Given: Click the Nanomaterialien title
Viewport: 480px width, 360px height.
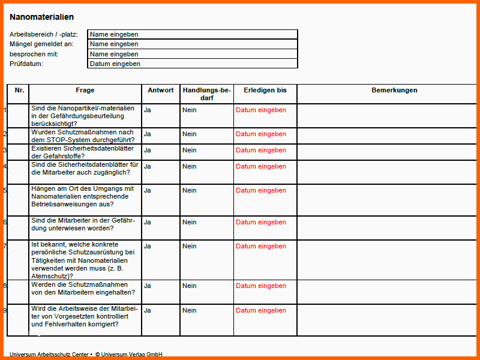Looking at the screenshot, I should point(42,17).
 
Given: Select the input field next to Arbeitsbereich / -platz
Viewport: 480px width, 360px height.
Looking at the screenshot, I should point(192,34).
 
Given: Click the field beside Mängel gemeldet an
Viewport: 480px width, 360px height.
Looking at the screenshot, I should point(192,44).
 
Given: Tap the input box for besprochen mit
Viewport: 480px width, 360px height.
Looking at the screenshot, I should point(192,54).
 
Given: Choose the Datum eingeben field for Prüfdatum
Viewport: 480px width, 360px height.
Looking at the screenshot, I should point(192,64).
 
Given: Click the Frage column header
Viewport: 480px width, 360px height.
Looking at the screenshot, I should point(85,91).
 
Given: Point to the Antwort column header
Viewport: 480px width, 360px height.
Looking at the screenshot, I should point(161,91).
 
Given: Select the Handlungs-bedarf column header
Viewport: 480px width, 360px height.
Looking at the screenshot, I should point(206,94).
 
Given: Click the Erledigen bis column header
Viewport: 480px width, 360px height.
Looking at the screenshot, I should point(265,91).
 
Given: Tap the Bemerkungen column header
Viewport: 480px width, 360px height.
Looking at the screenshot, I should point(394,91).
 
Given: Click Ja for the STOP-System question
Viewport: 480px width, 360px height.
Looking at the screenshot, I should point(148,134).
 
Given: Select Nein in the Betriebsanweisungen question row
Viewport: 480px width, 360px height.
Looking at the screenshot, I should point(190,191).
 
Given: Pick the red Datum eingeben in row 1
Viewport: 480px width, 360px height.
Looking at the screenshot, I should point(261,110).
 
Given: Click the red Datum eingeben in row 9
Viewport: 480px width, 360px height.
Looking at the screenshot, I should point(261,311).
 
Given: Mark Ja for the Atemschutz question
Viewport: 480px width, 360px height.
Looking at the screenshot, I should point(148,247).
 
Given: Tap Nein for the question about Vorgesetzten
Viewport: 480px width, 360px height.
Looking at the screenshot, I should point(190,311).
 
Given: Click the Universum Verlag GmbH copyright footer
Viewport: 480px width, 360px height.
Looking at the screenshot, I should point(128,355).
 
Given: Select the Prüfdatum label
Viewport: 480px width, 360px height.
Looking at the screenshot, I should point(26,64).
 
